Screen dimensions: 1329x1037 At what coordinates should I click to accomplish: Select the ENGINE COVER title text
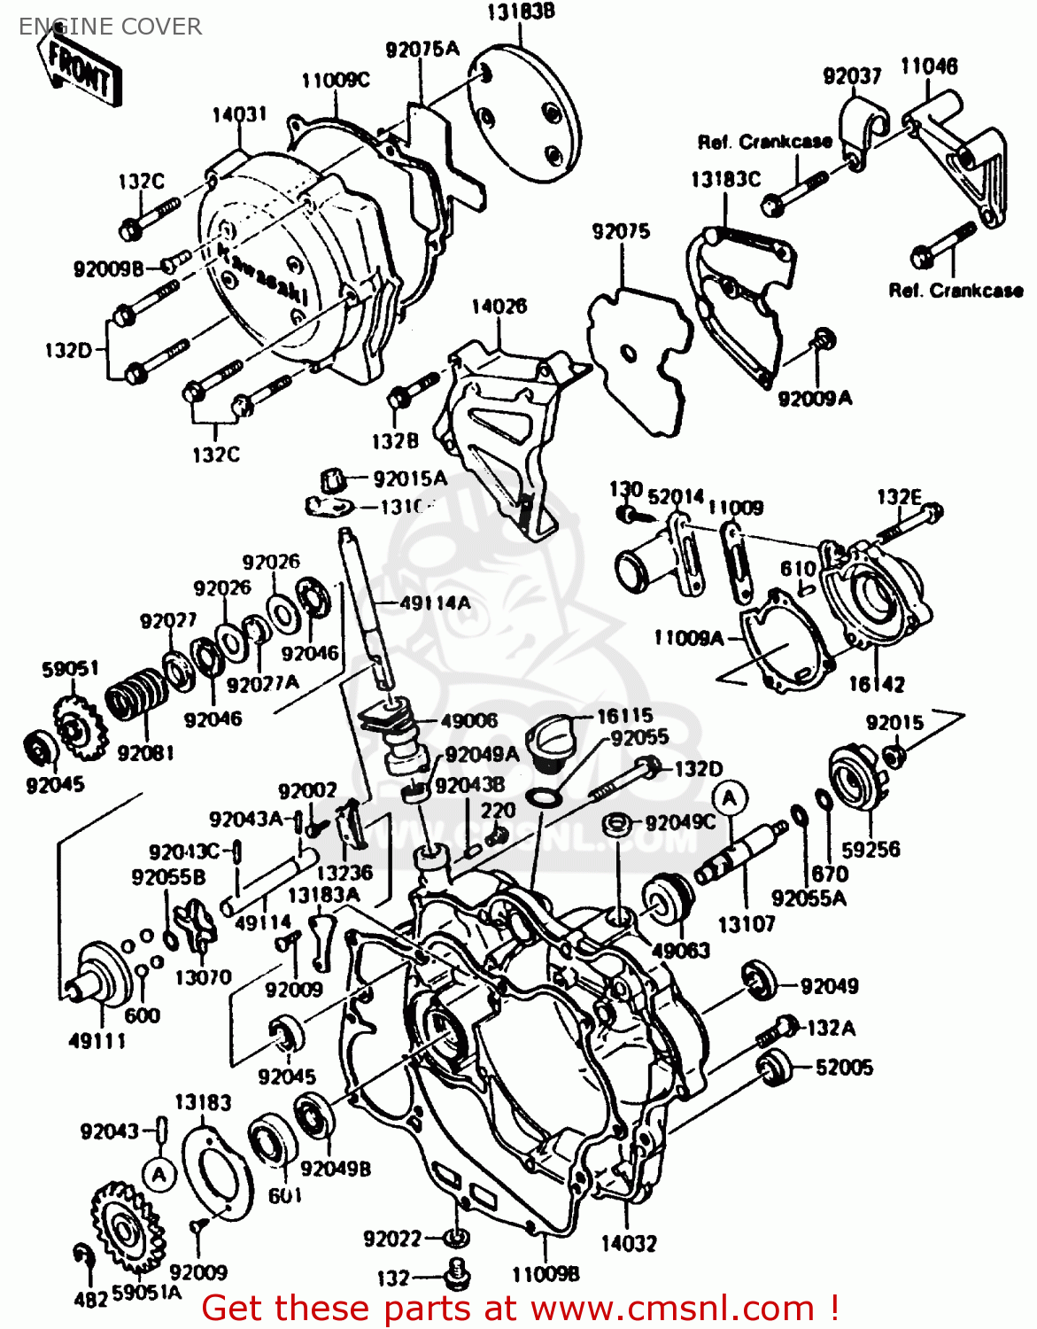(110, 27)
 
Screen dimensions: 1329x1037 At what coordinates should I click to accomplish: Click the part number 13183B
(520, 12)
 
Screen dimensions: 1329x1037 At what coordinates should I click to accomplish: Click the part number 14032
(629, 1243)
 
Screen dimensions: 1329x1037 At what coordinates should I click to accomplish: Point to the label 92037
(852, 76)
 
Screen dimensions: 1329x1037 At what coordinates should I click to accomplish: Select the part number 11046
(929, 66)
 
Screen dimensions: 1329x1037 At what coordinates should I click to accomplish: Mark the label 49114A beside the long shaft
(435, 603)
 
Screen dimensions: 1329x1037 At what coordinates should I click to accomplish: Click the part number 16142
(877, 684)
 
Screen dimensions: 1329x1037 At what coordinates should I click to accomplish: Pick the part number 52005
(843, 1068)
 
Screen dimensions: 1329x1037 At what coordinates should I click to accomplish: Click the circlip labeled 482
(82, 1256)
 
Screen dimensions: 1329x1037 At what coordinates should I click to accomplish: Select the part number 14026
(499, 307)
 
